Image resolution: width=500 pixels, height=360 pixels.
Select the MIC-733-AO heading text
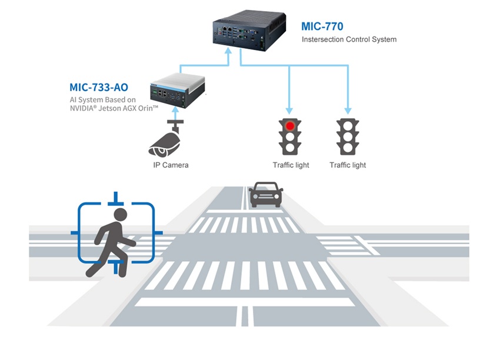(x=99, y=88)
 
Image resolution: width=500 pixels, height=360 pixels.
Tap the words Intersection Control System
(x=349, y=40)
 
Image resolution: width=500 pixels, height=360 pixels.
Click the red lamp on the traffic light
(x=289, y=125)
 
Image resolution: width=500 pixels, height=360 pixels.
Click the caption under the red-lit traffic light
(x=291, y=165)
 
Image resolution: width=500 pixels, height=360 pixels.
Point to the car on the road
(x=266, y=195)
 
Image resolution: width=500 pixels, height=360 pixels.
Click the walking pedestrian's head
(x=121, y=215)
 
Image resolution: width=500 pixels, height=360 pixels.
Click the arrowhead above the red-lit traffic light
(x=289, y=110)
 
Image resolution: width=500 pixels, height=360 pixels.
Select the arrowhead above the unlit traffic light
(x=348, y=110)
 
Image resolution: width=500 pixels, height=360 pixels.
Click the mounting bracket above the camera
(x=175, y=124)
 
